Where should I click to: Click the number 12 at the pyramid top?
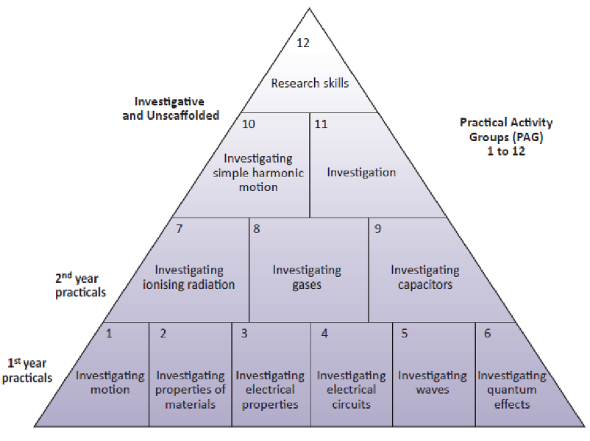(x=303, y=43)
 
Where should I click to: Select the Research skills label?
(x=310, y=83)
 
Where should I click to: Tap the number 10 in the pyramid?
(x=249, y=123)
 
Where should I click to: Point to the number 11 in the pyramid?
(x=321, y=123)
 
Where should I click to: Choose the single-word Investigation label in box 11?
(x=361, y=173)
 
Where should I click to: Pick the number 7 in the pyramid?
(x=180, y=228)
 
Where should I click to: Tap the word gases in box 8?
(x=307, y=285)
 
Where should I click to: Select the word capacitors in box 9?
(x=425, y=285)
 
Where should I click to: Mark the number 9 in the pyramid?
(x=378, y=228)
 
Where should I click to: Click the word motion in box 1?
(x=110, y=390)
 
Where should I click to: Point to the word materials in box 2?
(x=191, y=404)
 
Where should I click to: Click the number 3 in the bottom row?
(x=244, y=333)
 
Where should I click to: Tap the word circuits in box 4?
(x=351, y=404)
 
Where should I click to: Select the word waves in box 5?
(x=433, y=390)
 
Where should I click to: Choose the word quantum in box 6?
(x=512, y=390)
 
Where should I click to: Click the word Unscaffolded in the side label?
(x=183, y=115)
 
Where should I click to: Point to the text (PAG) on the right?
(x=529, y=137)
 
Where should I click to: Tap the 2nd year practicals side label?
(x=80, y=285)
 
